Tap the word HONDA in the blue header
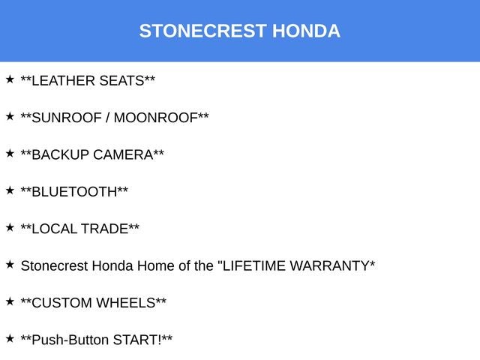point(306,31)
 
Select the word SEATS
point(121,81)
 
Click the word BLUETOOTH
point(75,191)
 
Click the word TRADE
point(104,229)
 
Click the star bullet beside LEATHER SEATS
point(10,79)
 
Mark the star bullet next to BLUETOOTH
point(10,190)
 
